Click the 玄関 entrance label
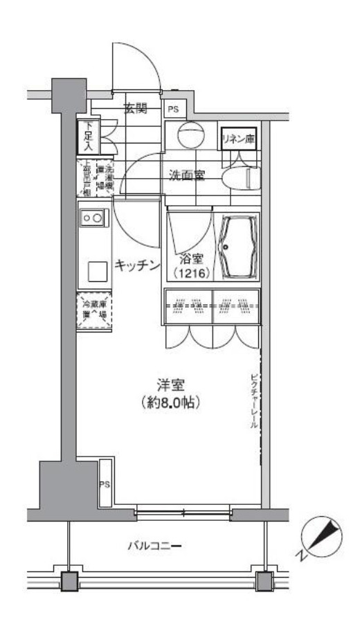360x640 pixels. (x=136, y=108)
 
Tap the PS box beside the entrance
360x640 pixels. (x=172, y=109)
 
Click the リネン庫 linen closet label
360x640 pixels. (x=237, y=139)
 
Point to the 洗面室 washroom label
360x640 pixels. (x=187, y=175)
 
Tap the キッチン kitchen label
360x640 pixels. (x=138, y=265)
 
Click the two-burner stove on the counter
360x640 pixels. (x=93, y=218)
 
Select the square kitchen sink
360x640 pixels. (x=96, y=269)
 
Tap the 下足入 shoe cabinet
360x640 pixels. (x=89, y=136)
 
